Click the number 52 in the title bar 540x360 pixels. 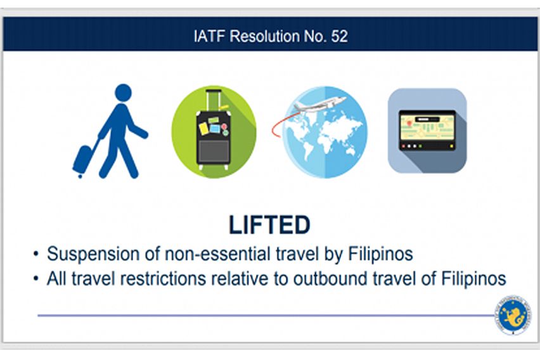[x=339, y=36]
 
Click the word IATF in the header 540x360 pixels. [x=207, y=36]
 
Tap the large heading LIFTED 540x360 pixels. [x=269, y=225]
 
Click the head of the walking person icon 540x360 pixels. [x=124, y=93]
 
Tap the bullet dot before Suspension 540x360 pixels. [x=36, y=255]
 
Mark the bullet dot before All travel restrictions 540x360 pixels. [x=36, y=279]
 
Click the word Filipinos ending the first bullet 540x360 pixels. [x=381, y=254]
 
